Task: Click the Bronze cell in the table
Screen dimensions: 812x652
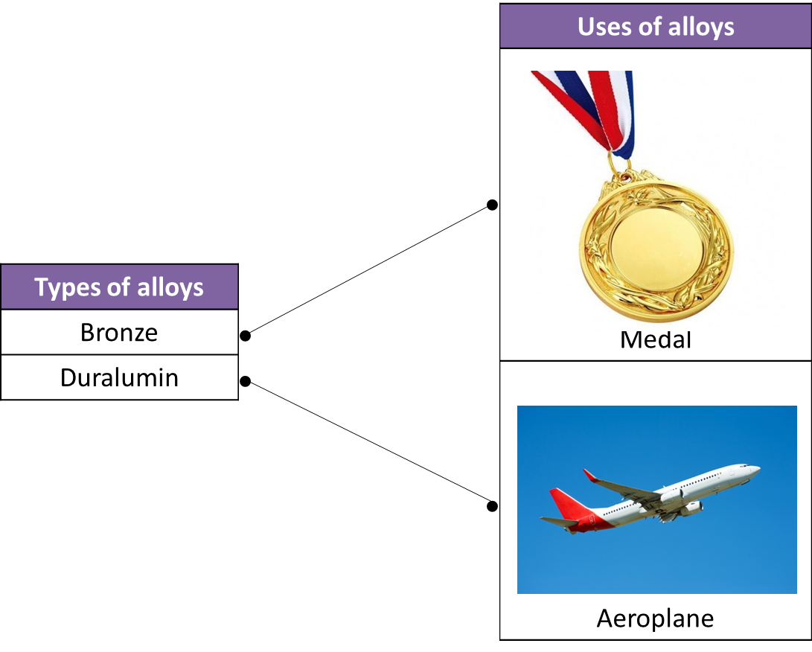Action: pos(119,332)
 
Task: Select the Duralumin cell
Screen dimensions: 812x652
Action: pos(119,377)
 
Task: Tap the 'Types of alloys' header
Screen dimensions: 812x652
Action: pos(119,287)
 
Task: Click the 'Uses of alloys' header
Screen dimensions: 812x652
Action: pos(656,26)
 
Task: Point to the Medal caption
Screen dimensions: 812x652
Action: pos(656,339)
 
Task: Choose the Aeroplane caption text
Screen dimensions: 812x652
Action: pos(655,619)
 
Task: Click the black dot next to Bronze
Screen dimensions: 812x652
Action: pos(246,336)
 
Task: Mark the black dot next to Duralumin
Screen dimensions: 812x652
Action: pos(246,382)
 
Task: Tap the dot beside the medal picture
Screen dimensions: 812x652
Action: pos(492,205)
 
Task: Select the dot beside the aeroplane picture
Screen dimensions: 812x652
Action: pos(492,506)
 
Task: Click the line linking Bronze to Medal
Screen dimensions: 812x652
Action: pos(368,270)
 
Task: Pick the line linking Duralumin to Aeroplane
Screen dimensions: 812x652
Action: pos(368,444)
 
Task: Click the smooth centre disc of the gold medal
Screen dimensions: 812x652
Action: pos(656,249)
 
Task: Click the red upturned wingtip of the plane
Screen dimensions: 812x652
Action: pos(590,476)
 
